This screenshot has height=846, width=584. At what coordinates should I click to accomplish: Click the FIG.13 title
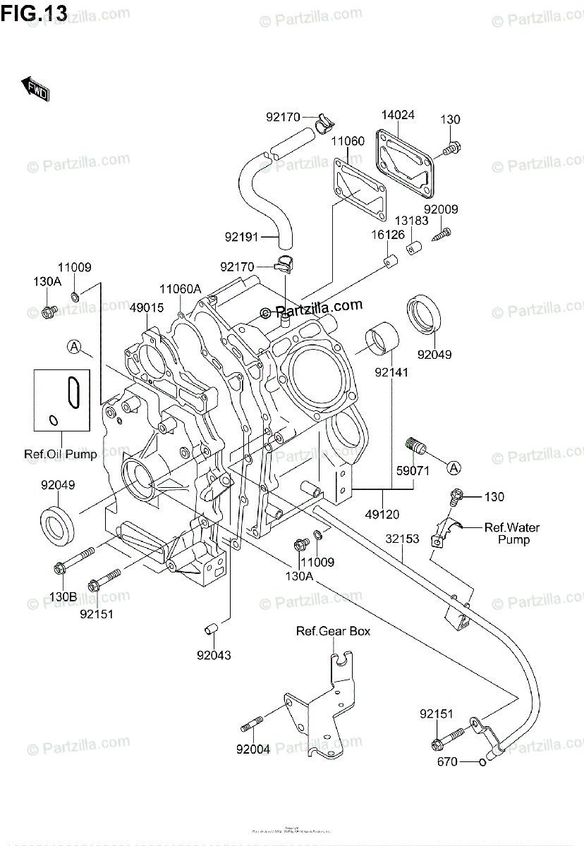[35, 12]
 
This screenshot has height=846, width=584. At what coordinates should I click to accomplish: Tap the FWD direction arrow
[35, 89]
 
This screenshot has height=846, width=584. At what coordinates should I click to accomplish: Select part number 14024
[399, 115]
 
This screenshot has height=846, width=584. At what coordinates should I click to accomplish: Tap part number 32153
[402, 539]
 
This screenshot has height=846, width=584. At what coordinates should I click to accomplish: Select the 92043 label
[214, 655]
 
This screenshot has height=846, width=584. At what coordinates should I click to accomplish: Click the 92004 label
[255, 749]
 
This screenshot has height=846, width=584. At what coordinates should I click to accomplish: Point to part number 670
[447, 761]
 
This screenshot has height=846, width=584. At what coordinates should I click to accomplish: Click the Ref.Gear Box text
[333, 631]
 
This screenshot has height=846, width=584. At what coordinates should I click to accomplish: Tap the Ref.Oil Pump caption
[61, 454]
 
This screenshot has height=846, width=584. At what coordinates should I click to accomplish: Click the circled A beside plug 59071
[454, 467]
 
